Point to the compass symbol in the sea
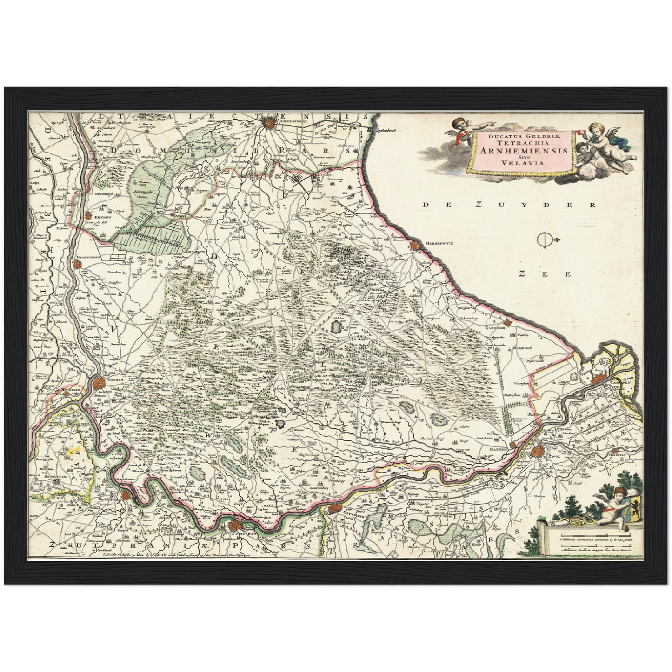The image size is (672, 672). point(545,240)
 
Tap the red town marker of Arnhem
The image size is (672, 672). point(99,384)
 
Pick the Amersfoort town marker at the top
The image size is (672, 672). point(268,123)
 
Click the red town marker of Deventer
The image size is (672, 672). point(334,508)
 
